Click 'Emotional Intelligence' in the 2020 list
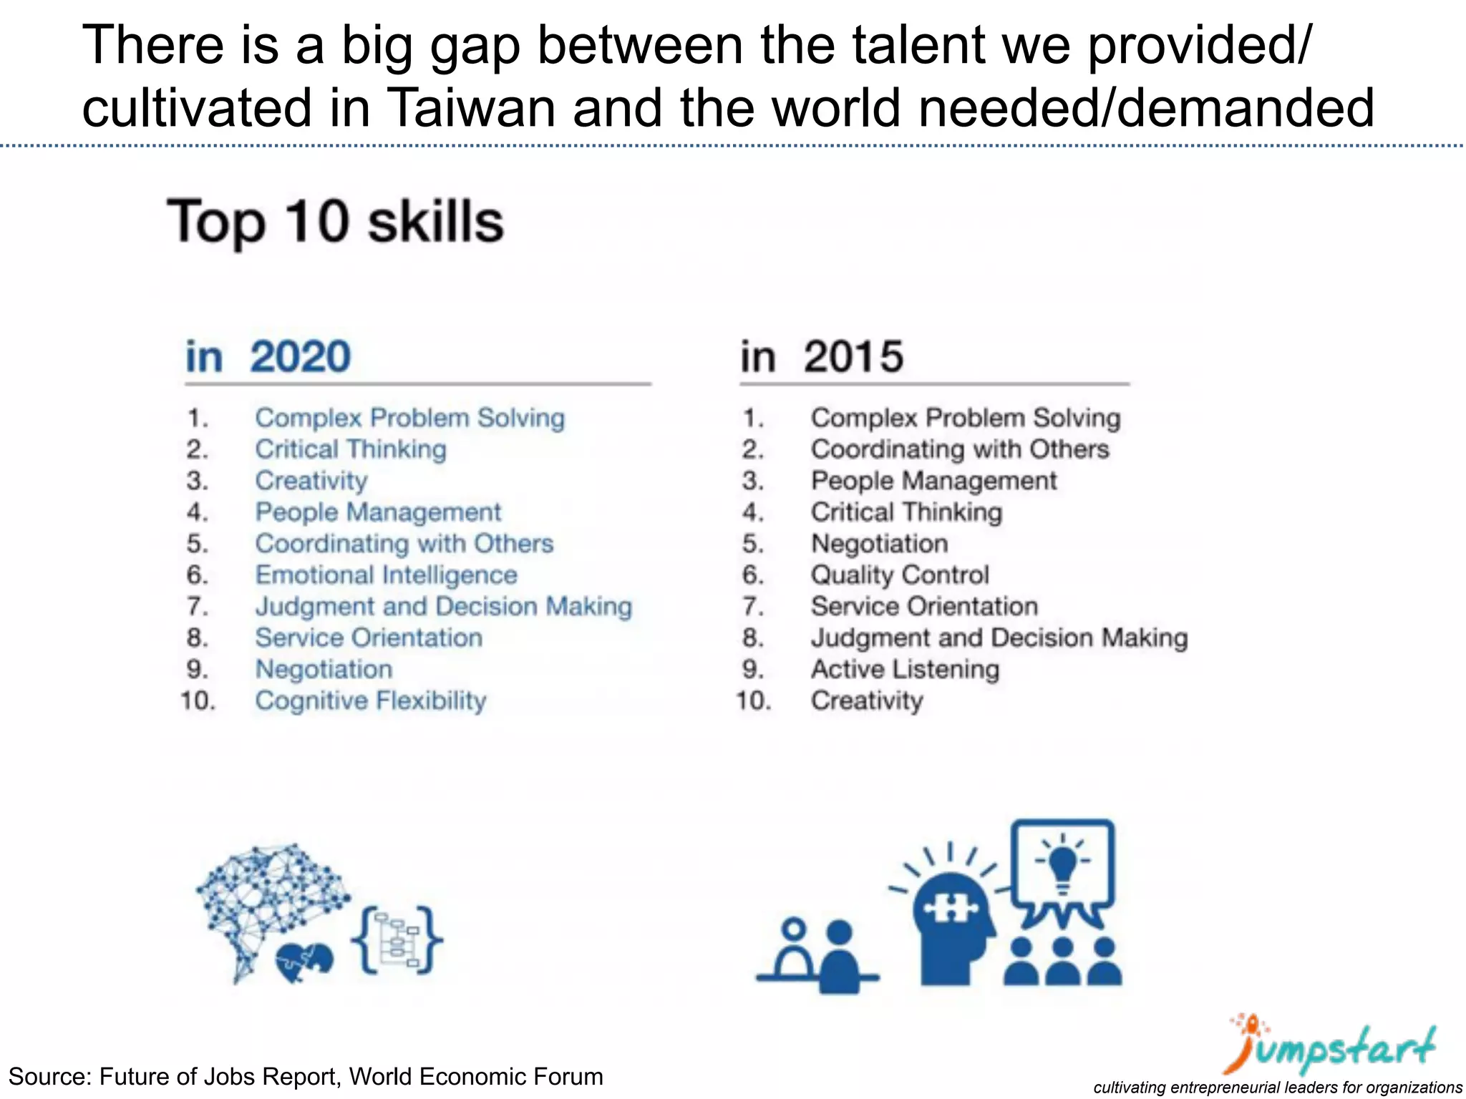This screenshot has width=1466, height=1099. pyautogui.click(x=386, y=575)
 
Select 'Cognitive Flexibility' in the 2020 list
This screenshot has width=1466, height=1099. pyautogui.click(x=371, y=700)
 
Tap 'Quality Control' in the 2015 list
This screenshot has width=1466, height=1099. pyautogui.click(x=900, y=575)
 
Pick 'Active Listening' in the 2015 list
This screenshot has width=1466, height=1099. pyautogui.click(x=905, y=670)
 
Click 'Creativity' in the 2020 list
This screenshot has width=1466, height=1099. pyautogui.click(x=311, y=481)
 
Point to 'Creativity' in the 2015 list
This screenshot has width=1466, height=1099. pyautogui.click(x=867, y=700)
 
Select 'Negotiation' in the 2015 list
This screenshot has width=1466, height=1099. pyautogui.click(x=879, y=544)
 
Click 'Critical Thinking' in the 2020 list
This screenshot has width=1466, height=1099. pyautogui.click(x=351, y=449)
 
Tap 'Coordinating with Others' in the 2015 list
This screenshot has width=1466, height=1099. pyautogui.click(x=960, y=449)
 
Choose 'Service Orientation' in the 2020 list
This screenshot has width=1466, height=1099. pyautogui.click(x=369, y=638)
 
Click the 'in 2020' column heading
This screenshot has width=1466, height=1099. pyautogui.click(x=268, y=356)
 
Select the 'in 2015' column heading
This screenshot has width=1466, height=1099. pyautogui.click(x=822, y=356)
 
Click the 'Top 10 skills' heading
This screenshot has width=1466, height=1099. pyautogui.click(x=336, y=222)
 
